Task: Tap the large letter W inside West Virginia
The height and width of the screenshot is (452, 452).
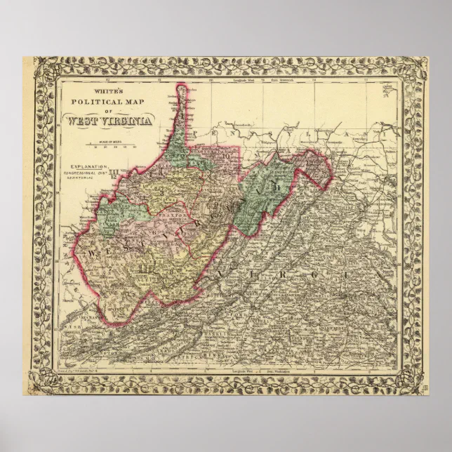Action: coord(91,251)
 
